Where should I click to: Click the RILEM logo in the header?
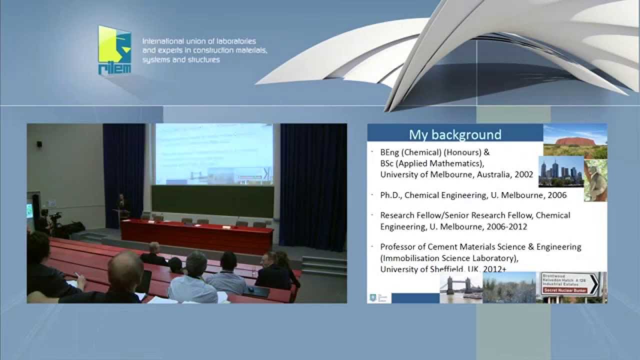pos(114,50)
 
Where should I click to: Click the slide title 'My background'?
pos(455,134)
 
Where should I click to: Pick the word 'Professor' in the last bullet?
pos(399,246)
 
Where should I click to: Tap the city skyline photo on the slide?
pos(560,171)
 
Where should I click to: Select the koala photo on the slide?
pos(595,181)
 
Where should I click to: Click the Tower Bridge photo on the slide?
pos(460,288)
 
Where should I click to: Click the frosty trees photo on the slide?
pos(509,287)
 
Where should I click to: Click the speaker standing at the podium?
pos(121,206)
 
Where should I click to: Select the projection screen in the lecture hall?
pos(214,154)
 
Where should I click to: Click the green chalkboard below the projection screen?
pos(212,201)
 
